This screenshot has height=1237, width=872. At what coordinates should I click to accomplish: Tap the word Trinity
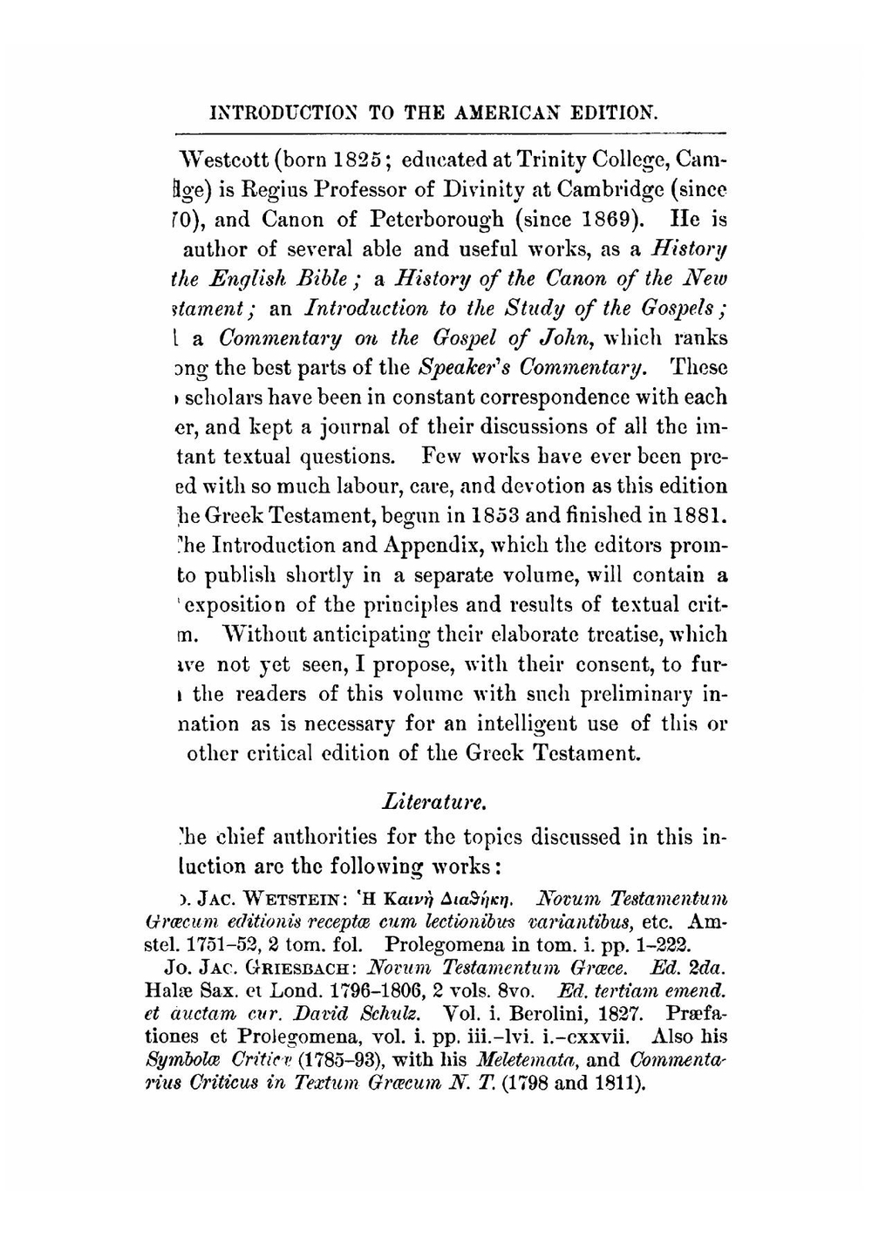pyautogui.click(x=546, y=160)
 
